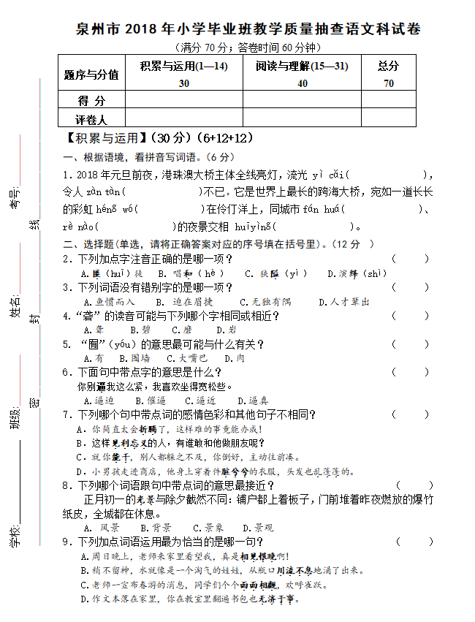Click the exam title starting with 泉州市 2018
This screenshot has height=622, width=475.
[x=248, y=30]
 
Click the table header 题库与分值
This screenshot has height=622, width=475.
[x=91, y=74]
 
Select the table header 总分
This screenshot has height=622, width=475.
[x=388, y=66]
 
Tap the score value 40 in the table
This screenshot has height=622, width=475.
[x=302, y=83]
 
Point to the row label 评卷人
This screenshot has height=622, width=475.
[x=91, y=119]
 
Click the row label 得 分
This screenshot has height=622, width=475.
[x=91, y=100]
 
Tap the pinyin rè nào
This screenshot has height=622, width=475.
[x=80, y=227]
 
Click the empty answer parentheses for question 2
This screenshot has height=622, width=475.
[x=410, y=259]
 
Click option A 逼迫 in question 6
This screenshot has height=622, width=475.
[x=99, y=401]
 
